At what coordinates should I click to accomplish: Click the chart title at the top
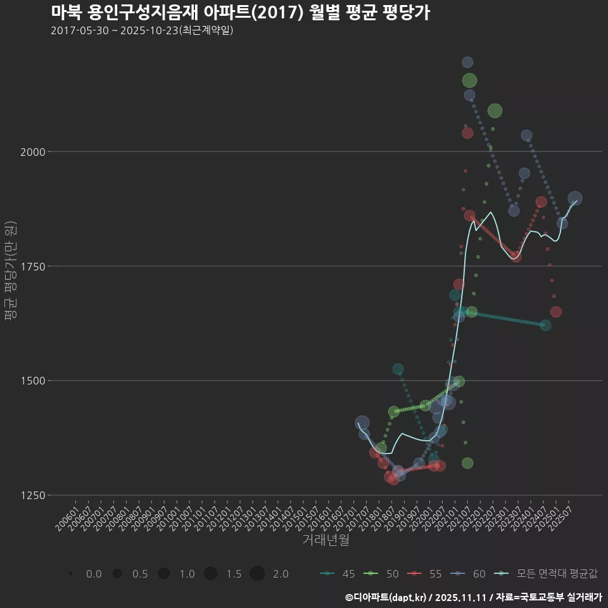point(241,12)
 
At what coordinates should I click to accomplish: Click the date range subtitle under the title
point(142,30)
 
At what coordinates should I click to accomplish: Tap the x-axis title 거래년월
point(326,540)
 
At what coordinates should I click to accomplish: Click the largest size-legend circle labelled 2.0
point(256,574)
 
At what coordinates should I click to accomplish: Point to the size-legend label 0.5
point(140,574)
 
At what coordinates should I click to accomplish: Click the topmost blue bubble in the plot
point(467,62)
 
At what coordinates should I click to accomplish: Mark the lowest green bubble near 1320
point(467,463)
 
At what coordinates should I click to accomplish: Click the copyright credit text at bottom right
point(473,597)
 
